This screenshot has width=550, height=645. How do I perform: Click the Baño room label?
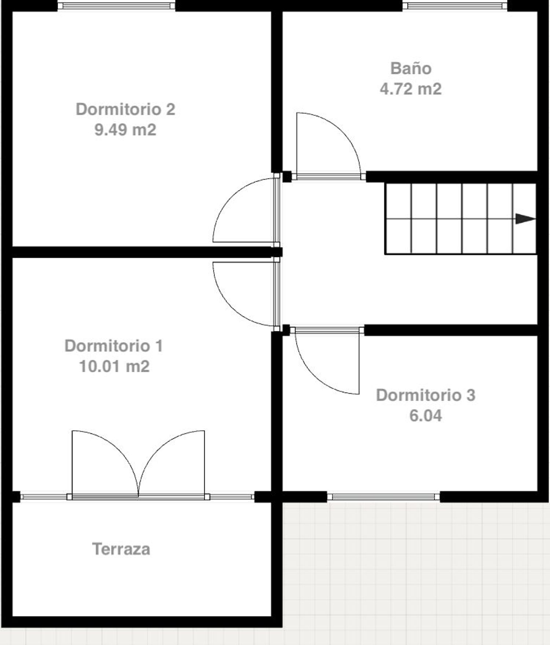click(x=411, y=69)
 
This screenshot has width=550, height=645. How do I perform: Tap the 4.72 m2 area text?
click(x=411, y=89)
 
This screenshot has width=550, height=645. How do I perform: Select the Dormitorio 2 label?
click(x=125, y=109)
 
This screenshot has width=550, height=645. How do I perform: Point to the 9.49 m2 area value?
click(x=125, y=130)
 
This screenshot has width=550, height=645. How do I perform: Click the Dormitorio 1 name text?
click(x=114, y=346)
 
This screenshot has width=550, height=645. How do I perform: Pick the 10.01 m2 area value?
click(x=114, y=366)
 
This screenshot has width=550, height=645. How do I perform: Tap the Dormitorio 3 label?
click(x=426, y=395)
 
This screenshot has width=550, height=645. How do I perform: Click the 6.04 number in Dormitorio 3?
click(x=426, y=416)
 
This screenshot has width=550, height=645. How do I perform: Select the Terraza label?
click(x=121, y=549)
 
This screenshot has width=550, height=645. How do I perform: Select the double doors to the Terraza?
click(x=138, y=463)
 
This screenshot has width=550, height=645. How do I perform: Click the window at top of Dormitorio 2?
click(x=117, y=6)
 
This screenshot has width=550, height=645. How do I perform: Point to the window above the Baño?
click(x=455, y=6)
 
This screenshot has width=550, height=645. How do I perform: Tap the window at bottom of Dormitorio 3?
click(x=383, y=497)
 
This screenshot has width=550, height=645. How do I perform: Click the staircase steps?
click(x=461, y=219)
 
